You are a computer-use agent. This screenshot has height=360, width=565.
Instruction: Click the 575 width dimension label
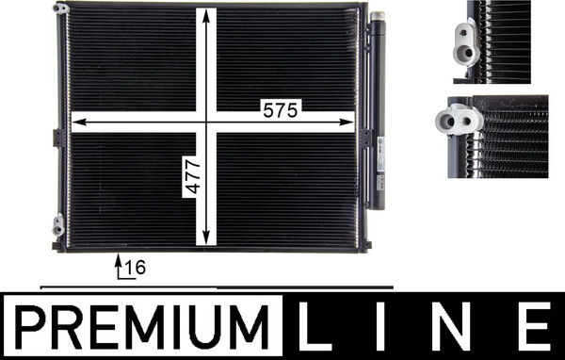[x=280, y=110]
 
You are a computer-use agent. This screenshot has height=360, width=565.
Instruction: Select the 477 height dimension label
[x=191, y=175]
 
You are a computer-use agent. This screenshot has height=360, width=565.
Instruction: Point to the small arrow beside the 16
[x=119, y=265]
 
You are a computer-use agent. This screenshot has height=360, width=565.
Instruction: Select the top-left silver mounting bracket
[x=59, y=8]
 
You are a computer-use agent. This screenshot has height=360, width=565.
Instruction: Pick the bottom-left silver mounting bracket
[x=58, y=225]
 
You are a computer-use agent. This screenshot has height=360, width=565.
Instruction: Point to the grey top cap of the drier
[x=377, y=17]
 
